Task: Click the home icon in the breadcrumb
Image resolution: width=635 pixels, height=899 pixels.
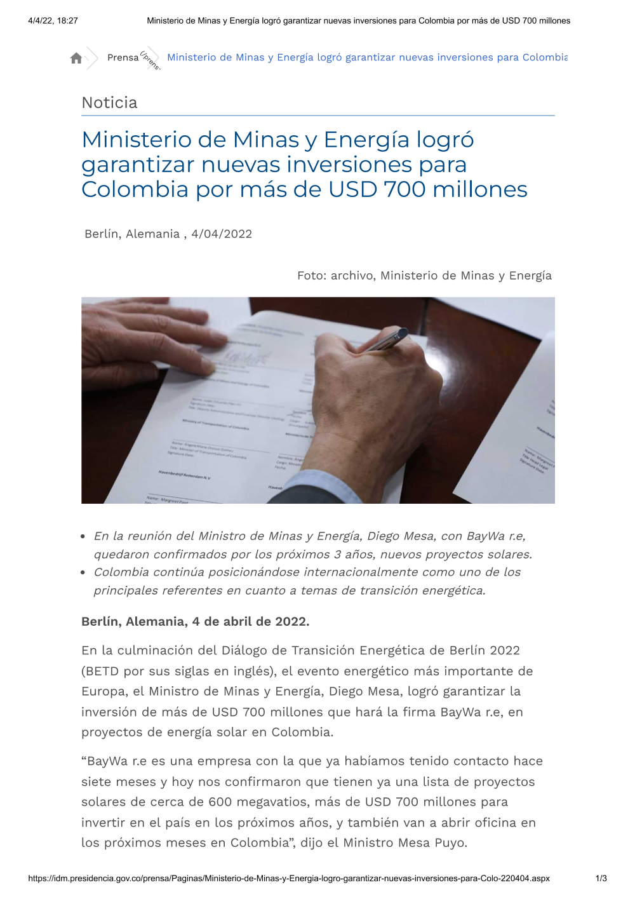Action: pos(76,58)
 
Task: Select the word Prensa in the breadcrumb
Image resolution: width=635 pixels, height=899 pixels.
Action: pos(123,58)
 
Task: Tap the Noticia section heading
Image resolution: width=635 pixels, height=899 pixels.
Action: pos(109,102)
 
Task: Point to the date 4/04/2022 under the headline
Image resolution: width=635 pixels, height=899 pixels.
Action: pos(222,234)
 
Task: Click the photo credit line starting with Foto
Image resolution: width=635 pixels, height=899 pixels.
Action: pos(424,275)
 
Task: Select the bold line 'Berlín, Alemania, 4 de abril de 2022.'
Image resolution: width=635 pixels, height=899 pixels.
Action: pos(196,621)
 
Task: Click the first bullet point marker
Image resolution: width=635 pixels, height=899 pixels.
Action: pos(83,536)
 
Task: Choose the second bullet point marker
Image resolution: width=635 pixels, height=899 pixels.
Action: pos(83,572)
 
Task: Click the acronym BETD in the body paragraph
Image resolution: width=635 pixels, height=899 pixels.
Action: pos(102,671)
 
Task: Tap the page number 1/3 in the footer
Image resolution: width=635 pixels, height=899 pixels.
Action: pos(601,878)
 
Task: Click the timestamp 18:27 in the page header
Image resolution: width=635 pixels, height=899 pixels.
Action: pos(67,20)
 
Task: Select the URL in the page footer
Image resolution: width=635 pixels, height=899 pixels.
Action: pos(289,878)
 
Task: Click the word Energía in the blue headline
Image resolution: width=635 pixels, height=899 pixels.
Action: pos(368,139)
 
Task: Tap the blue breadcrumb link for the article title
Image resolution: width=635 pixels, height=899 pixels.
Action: pos(367,57)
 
